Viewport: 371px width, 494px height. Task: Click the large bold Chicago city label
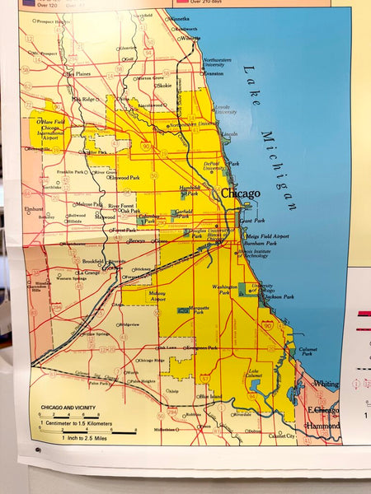(239, 193)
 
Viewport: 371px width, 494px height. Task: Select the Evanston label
(213, 73)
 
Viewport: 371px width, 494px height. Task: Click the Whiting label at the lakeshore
(325, 384)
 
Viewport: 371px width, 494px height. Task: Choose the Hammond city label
(323, 426)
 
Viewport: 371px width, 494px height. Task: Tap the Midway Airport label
(156, 296)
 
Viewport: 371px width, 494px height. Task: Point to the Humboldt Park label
(190, 190)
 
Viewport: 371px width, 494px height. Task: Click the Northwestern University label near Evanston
(217, 62)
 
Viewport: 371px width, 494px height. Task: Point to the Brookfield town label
(92, 261)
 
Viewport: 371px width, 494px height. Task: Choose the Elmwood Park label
(124, 177)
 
